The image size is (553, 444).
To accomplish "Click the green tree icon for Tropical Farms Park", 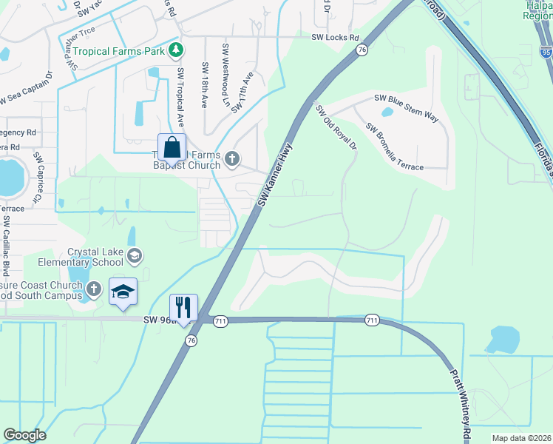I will (x=176, y=50).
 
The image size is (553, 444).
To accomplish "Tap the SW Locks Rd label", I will (x=335, y=37).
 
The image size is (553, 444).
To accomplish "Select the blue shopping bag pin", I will (x=172, y=148).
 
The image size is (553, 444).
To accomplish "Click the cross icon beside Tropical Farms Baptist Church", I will (x=232, y=158).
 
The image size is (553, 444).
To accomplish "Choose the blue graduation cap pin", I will (x=123, y=291).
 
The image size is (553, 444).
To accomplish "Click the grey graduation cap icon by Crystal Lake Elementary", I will (x=135, y=256).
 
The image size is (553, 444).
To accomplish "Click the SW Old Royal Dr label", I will (x=336, y=127).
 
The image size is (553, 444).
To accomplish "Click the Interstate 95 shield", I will (x=546, y=53).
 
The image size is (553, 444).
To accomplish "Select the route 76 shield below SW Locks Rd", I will (x=361, y=50).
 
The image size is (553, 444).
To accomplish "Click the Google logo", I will (x=24, y=435).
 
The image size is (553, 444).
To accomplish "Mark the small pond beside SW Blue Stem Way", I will (x=386, y=113).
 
